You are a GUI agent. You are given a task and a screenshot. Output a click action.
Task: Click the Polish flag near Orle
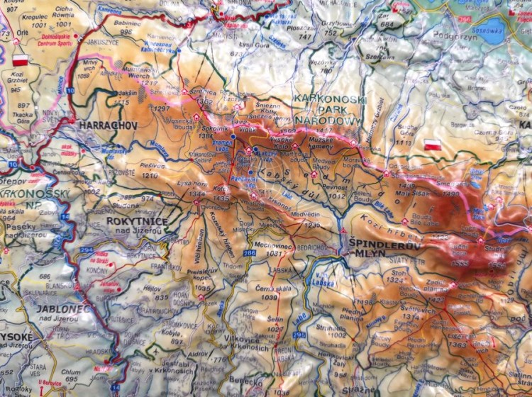[20, 60]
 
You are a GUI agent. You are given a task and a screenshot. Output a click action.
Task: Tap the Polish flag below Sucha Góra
[433, 145]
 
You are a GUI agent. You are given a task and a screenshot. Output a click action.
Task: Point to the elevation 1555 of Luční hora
[459, 264]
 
